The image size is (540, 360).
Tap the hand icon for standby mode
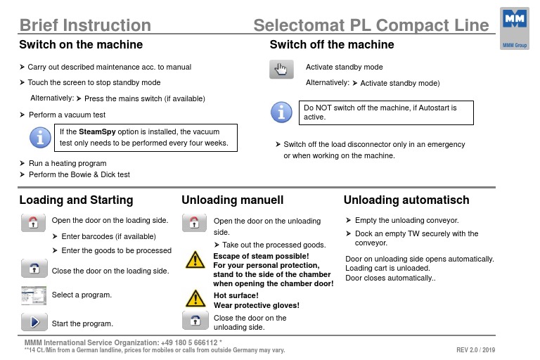281,70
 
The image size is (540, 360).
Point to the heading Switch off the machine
332,45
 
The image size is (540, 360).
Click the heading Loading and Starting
76,200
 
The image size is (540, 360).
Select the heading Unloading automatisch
406,200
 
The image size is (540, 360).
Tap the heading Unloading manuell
232,200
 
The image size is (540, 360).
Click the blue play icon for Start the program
34,322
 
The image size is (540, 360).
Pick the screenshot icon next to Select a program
34,294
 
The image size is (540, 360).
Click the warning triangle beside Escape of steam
195,261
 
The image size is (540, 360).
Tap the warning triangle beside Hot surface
195,298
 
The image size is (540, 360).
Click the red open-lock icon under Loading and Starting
34,223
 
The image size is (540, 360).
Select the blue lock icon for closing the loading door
34,267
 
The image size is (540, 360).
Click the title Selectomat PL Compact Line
371,26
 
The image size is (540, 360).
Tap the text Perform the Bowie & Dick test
79,174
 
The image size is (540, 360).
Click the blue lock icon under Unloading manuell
195,320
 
